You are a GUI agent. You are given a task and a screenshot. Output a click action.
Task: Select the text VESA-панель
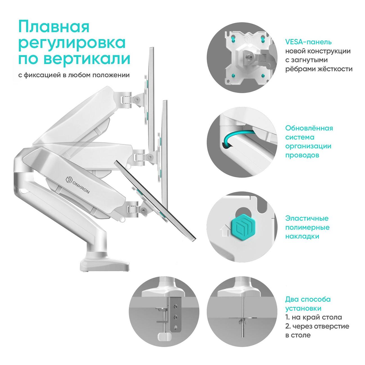309,42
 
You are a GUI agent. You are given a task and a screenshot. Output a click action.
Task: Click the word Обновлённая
309,128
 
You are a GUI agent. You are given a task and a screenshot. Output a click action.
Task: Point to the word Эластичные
307,218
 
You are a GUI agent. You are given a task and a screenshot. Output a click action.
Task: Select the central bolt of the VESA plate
248,56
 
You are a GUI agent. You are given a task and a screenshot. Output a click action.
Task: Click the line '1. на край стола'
314,317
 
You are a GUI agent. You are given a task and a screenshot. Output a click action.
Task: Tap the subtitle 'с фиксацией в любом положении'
74,75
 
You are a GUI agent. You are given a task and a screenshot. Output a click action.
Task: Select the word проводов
302,155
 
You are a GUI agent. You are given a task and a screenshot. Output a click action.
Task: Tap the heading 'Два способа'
308,300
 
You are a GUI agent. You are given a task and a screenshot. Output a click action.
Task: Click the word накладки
302,236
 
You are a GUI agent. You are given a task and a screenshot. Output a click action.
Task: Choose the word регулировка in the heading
72,43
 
